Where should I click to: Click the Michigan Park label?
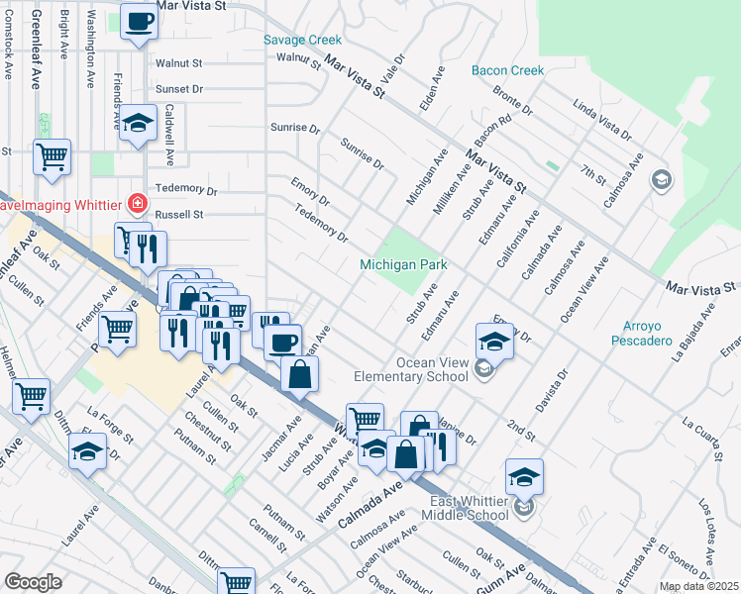(403, 265)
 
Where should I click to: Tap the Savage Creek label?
(302, 41)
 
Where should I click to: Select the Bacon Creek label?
(508, 70)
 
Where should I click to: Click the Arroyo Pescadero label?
(648, 335)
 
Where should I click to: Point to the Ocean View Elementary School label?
(412, 369)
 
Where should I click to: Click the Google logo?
(33, 582)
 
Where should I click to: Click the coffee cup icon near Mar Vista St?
(140, 22)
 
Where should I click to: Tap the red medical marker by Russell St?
(138, 206)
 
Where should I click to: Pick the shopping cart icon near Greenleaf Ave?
(52, 156)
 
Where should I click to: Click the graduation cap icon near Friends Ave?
(139, 123)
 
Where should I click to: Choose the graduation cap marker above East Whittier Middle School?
(524, 478)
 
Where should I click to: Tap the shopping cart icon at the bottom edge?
(236, 583)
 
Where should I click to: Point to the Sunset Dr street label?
(179, 89)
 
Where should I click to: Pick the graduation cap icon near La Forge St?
(88, 452)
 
